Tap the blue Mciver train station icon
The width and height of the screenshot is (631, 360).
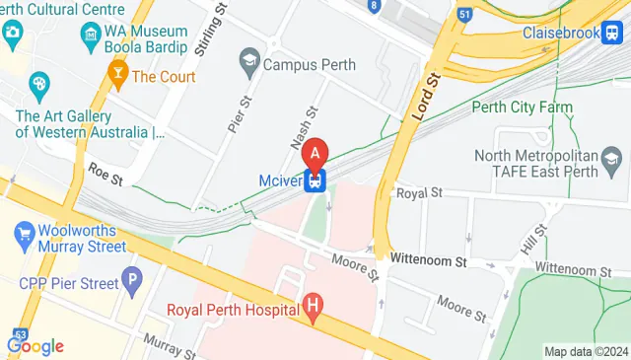point(315,180)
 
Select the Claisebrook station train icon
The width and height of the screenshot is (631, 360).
point(612,33)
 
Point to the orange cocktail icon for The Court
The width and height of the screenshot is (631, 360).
point(117,76)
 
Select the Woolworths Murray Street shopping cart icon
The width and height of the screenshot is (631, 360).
point(25,236)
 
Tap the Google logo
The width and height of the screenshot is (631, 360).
point(35,345)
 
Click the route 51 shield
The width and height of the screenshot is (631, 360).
point(464,15)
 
